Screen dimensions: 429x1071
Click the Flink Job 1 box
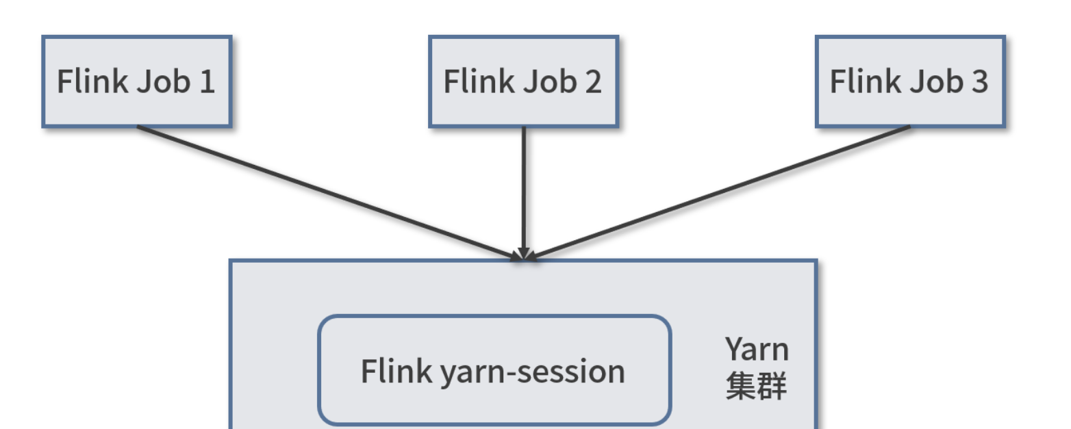tap(136, 81)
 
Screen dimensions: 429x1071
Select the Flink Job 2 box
tap(523, 81)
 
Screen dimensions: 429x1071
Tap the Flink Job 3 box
tap(909, 81)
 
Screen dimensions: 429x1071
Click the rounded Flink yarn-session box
tap(494, 370)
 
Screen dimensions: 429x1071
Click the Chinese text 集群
tap(756, 386)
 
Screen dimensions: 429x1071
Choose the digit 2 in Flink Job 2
tap(593, 82)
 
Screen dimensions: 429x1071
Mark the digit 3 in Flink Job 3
tap(979, 82)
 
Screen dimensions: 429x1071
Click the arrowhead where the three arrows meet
tap(524, 255)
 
